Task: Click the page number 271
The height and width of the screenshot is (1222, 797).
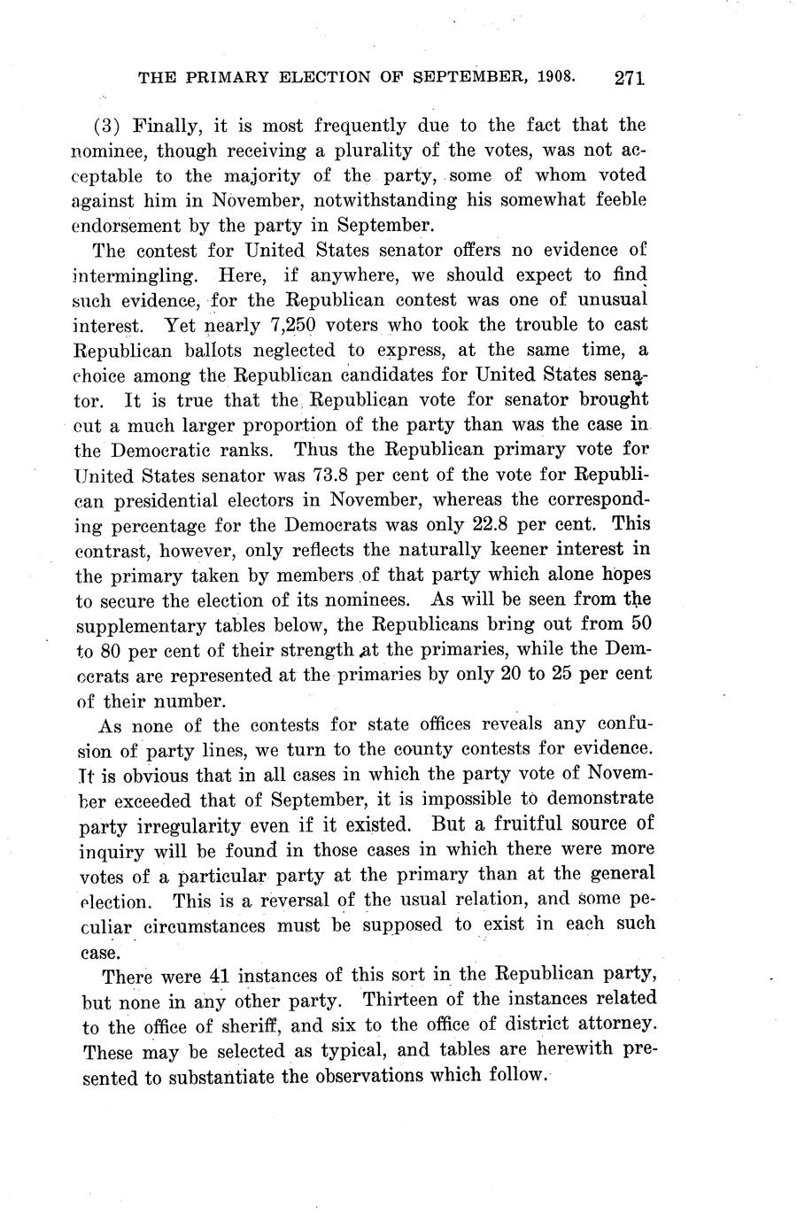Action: [628, 78]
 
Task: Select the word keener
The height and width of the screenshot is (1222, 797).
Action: [497, 550]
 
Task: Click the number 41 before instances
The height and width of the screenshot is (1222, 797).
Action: [218, 977]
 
